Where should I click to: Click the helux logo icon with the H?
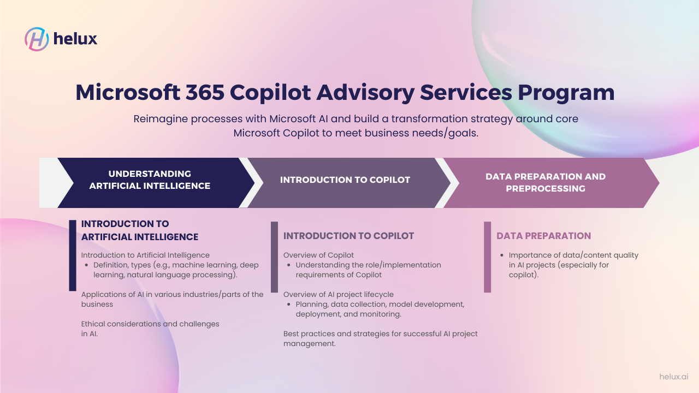[x=37, y=39]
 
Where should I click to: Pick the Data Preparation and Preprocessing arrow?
[x=546, y=182]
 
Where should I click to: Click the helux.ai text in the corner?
[x=673, y=377]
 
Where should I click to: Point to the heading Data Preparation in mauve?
[x=543, y=236]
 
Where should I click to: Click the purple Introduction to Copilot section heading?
[x=348, y=236]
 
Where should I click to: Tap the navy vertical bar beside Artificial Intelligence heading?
[x=73, y=255]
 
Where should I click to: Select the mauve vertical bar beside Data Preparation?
[x=488, y=257]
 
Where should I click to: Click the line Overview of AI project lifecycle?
[x=338, y=295]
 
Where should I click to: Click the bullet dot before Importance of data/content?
[x=502, y=255]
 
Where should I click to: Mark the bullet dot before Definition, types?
[x=87, y=265]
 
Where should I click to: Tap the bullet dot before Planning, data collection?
[x=289, y=305]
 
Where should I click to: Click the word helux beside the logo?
[x=75, y=39]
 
